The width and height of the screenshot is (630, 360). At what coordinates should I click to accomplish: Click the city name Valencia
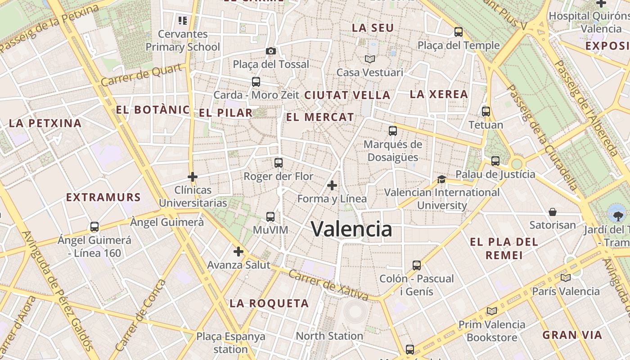click(351, 229)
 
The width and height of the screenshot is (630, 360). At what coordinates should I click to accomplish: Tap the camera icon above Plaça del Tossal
click(270, 51)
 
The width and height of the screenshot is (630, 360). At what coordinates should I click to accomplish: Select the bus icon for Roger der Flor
click(279, 163)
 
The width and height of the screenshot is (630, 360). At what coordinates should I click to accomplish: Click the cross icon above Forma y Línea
click(332, 185)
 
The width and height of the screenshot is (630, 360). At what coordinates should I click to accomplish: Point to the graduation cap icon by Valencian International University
click(441, 179)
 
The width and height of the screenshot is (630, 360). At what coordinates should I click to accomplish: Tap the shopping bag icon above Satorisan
click(553, 212)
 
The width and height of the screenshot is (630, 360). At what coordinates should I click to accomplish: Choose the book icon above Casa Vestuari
click(370, 59)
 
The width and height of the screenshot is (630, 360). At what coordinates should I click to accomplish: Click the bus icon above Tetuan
click(486, 112)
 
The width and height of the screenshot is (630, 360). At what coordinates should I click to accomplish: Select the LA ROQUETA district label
click(269, 303)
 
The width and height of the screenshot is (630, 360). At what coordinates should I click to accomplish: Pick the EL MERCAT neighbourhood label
click(320, 117)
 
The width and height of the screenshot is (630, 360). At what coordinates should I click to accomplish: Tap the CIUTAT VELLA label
click(347, 95)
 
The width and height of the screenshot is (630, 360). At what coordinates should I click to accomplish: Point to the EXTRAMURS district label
click(103, 197)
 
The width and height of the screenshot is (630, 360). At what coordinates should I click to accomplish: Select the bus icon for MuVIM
click(270, 217)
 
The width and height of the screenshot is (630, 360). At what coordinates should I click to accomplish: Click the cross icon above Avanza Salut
click(238, 252)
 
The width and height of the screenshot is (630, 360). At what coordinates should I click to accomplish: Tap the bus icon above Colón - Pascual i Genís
click(417, 265)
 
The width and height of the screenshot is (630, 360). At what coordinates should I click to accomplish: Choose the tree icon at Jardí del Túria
click(615, 213)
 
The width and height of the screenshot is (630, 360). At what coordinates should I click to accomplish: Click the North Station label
click(329, 336)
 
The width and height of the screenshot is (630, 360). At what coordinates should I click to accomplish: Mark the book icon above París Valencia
click(566, 278)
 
